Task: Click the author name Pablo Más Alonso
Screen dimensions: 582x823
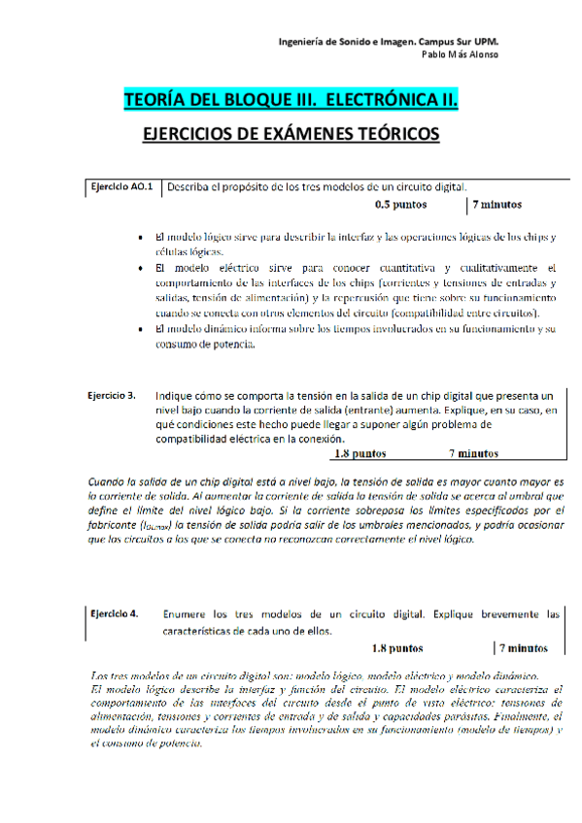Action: tap(461, 54)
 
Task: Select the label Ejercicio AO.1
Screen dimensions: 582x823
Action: tap(121, 186)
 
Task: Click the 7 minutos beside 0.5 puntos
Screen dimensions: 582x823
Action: tap(497, 205)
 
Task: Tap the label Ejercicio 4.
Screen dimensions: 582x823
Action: tap(114, 614)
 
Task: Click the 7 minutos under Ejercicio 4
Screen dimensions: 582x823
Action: tap(525, 648)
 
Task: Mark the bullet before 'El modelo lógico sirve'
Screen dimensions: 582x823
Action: tap(143, 236)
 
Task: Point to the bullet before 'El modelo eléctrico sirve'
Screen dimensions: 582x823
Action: tap(143, 267)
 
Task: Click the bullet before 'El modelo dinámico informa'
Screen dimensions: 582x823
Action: tap(143, 329)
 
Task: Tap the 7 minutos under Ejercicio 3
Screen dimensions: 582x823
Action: tap(473, 453)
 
